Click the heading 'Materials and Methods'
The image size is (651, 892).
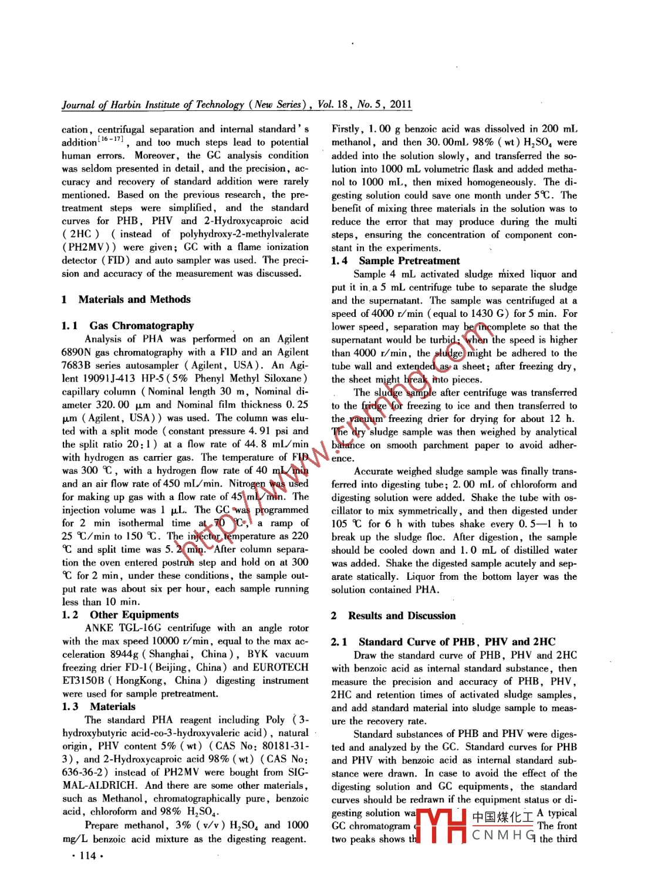tap(134, 299)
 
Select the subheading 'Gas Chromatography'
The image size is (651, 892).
tap(141, 326)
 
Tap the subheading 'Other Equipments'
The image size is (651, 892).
tap(134, 614)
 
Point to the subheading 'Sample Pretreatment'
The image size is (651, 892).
tap(409, 261)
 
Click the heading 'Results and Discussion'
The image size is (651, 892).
tap(402, 616)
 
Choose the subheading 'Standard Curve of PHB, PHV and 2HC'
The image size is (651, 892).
tap(457, 641)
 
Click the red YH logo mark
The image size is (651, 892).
tap(440, 826)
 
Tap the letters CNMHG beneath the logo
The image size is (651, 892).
tap(504, 835)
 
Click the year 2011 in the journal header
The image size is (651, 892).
tap(400, 104)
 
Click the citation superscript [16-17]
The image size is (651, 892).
tap(110, 139)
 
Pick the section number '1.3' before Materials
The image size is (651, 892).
tap(70, 707)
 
